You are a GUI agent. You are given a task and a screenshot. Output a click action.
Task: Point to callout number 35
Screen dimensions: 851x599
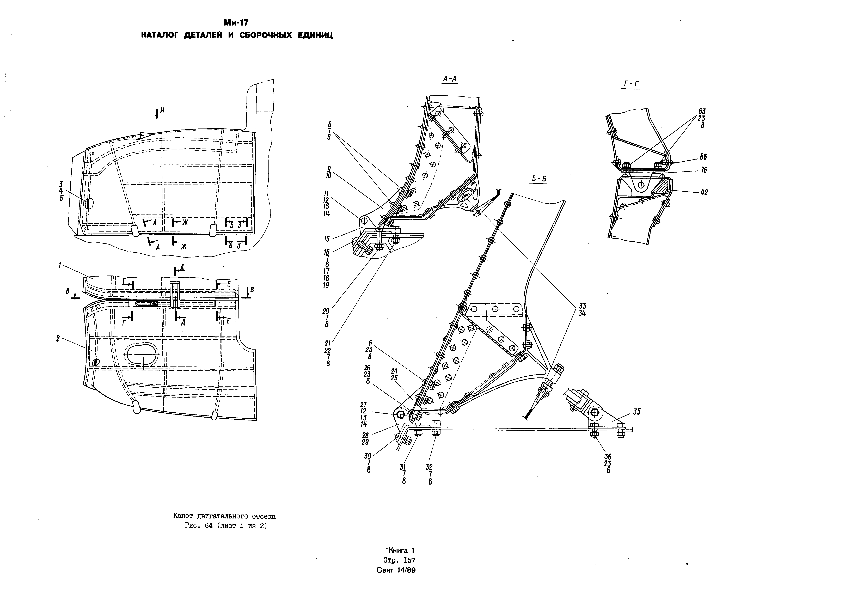pyautogui.click(x=637, y=411)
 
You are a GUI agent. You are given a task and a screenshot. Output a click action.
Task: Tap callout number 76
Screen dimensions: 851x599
pyautogui.click(x=703, y=170)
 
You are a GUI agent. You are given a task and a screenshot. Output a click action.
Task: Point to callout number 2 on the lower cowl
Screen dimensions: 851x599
pyautogui.click(x=58, y=338)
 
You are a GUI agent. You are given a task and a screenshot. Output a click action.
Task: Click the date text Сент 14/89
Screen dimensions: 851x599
pyautogui.click(x=396, y=570)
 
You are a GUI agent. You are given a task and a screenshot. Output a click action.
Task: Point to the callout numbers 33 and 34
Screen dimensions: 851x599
pyautogui.click(x=582, y=309)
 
